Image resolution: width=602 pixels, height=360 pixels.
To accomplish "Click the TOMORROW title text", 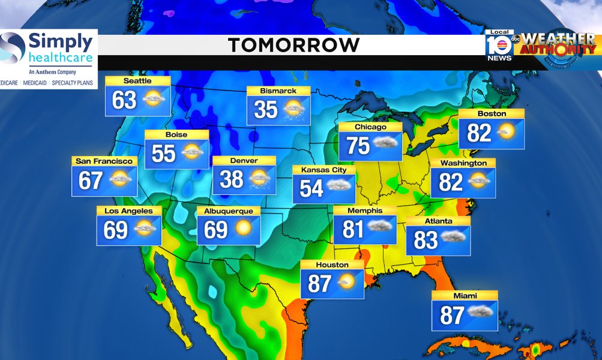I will tap(294, 45).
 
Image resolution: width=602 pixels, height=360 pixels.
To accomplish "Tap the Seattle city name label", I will tap(137, 81).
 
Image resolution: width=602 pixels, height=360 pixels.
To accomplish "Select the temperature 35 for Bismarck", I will tap(265, 109).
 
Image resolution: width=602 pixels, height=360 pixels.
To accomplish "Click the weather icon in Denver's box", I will tap(259, 178).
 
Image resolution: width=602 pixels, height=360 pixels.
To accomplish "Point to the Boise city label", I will tap(176, 135).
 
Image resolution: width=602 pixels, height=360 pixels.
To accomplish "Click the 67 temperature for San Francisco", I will tap(91, 181).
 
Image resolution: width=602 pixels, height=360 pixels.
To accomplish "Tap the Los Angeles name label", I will tap(129, 211).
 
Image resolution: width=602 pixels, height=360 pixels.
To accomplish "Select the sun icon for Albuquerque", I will tap(243, 229).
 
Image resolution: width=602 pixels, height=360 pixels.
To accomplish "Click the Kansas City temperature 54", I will tap(312, 188).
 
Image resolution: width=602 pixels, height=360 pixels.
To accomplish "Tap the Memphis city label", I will tap(364, 211).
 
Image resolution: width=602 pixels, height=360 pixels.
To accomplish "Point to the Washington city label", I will tap(463, 163).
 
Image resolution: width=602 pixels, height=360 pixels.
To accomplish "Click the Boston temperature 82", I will tap(479, 133).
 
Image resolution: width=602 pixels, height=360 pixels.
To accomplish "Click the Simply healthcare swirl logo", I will tap(13, 47).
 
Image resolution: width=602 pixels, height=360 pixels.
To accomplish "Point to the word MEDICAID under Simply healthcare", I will tap(35, 83).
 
